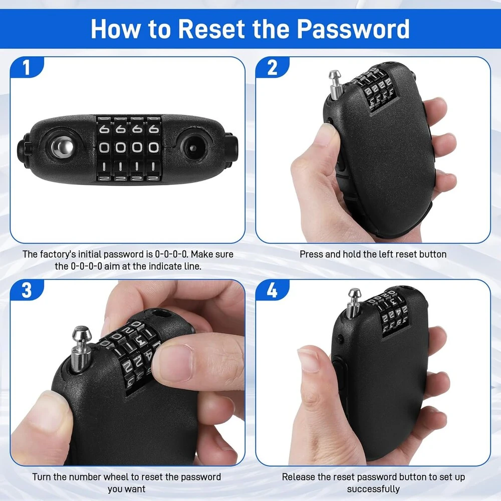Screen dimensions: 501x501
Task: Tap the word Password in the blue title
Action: (353, 30)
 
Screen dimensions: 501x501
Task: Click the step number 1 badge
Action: (27, 68)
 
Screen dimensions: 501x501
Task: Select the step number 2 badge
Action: (272, 68)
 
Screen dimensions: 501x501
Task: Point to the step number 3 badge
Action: (27, 290)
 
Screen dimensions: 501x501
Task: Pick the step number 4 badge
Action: (272, 290)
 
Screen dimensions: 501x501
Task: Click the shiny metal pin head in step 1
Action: (63, 147)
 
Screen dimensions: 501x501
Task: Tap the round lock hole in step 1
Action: (193, 148)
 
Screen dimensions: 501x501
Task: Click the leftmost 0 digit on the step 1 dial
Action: (104, 147)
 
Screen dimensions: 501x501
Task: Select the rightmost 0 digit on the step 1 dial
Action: (153, 147)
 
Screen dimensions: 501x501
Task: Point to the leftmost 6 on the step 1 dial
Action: (104, 129)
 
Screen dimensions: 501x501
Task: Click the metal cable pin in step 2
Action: (336, 84)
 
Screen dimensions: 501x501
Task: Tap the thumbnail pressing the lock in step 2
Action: (323, 134)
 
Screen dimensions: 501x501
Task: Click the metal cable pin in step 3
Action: (81, 349)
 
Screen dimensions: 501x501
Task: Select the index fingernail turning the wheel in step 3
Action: (175, 363)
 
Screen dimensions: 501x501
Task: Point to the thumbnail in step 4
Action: (308, 360)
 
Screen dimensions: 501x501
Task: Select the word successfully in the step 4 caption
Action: (373, 489)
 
